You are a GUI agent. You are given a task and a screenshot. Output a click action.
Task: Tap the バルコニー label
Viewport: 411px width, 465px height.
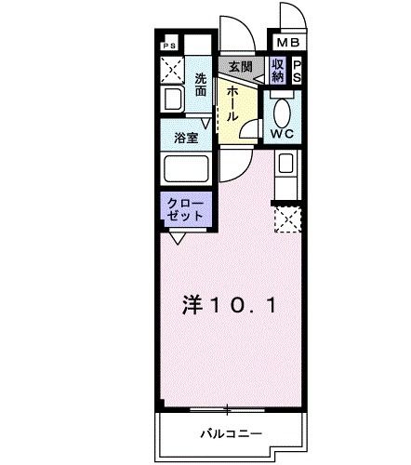click(x=227, y=433)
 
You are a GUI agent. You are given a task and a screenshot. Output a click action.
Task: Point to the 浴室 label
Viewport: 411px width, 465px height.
click(x=186, y=139)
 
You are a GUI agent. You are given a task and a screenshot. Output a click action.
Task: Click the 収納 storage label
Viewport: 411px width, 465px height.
click(x=278, y=70)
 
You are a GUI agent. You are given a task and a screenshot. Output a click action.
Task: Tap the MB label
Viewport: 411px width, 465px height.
click(x=283, y=43)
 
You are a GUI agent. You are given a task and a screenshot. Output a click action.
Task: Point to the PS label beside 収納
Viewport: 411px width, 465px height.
click(x=298, y=71)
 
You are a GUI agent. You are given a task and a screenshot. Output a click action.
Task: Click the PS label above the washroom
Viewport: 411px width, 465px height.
click(x=169, y=45)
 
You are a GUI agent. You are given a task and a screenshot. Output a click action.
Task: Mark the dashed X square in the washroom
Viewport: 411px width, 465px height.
click(x=171, y=69)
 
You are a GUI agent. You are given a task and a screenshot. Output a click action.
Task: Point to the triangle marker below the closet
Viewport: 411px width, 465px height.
click(x=177, y=237)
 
